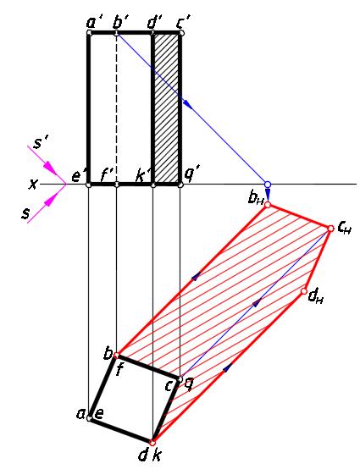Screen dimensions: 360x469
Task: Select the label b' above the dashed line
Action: (x=119, y=21)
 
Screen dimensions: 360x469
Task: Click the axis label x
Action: (x=33, y=185)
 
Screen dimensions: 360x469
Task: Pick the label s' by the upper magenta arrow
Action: (x=39, y=143)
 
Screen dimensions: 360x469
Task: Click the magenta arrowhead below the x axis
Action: (x=51, y=201)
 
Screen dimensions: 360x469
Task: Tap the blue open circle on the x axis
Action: (x=268, y=185)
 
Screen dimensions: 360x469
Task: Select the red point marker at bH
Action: (x=268, y=205)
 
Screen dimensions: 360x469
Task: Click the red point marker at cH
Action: (x=330, y=229)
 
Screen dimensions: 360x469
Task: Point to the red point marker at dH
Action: (x=304, y=291)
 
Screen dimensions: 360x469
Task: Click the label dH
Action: (x=316, y=296)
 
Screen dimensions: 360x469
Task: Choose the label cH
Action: (x=344, y=228)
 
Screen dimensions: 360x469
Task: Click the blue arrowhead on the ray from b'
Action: (x=187, y=103)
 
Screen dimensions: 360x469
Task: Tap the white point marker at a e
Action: (x=89, y=418)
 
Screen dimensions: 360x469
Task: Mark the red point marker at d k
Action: (x=152, y=442)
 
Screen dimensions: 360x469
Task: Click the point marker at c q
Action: (x=180, y=379)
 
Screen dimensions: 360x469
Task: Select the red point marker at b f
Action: (x=117, y=356)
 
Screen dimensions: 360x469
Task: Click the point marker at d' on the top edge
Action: (x=153, y=33)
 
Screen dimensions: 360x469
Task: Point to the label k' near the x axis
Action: (x=141, y=176)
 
